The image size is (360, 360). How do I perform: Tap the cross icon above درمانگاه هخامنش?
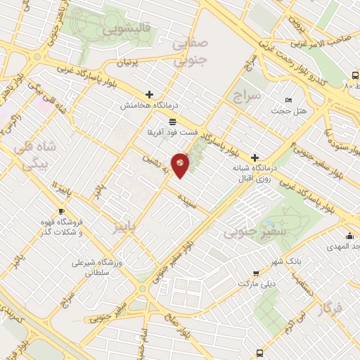point(149,94)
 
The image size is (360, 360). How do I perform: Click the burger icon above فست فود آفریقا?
point(172,122)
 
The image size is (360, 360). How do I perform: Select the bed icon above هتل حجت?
point(288,100)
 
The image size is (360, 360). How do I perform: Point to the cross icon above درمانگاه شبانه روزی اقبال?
point(255,157)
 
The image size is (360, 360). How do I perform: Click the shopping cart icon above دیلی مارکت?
point(255,273)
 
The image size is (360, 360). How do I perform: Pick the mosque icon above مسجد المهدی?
point(349,236)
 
